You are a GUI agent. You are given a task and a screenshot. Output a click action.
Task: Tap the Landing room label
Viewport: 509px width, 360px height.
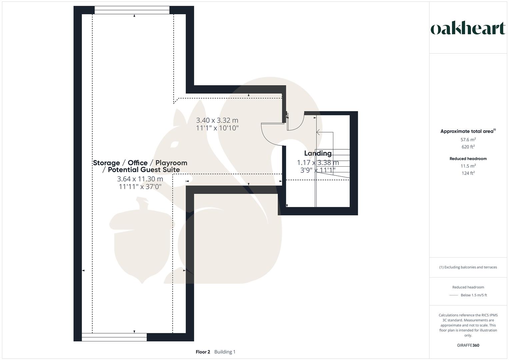click(318, 153)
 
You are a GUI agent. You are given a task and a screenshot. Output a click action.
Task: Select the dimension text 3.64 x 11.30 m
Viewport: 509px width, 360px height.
click(140, 179)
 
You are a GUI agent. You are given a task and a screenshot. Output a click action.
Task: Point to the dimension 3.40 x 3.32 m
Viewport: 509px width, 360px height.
click(217, 120)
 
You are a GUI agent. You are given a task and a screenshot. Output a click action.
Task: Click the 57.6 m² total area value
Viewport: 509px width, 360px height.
click(468, 140)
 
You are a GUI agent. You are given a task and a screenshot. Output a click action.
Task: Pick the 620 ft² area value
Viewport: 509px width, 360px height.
click(468, 147)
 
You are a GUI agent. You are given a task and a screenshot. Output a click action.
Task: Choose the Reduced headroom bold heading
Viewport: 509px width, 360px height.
click(468, 159)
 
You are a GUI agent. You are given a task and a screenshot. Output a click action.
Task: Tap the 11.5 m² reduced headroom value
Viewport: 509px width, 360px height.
click(468, 166)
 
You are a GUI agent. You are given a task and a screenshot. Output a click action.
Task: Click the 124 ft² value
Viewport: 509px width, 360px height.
click(468, 173)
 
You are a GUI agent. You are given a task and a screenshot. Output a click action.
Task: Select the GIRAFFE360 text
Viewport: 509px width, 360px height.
click(468, 345)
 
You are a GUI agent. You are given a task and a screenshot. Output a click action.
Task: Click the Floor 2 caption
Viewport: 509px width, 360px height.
click(203, 352)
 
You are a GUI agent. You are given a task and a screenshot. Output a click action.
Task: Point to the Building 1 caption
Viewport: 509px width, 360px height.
click(225, 352)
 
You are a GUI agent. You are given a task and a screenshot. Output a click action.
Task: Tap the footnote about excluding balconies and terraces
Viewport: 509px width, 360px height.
click(468, 267)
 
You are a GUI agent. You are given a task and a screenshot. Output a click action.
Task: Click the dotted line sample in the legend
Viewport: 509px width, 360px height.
click(454, 295)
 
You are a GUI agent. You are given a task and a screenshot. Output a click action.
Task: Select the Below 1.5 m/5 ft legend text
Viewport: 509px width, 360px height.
click(474, 295)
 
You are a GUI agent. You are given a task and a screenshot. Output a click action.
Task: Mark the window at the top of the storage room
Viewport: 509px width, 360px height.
click(132, 10)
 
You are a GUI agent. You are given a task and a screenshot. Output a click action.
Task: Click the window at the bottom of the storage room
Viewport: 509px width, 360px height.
click(114, 337)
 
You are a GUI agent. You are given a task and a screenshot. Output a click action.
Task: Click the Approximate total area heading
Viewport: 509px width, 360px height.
click(468, 131)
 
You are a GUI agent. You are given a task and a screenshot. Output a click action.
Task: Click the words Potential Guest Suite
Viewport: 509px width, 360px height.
click(144, 170)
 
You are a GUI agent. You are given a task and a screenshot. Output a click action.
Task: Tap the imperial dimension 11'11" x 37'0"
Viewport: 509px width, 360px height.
click(140, 187)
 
